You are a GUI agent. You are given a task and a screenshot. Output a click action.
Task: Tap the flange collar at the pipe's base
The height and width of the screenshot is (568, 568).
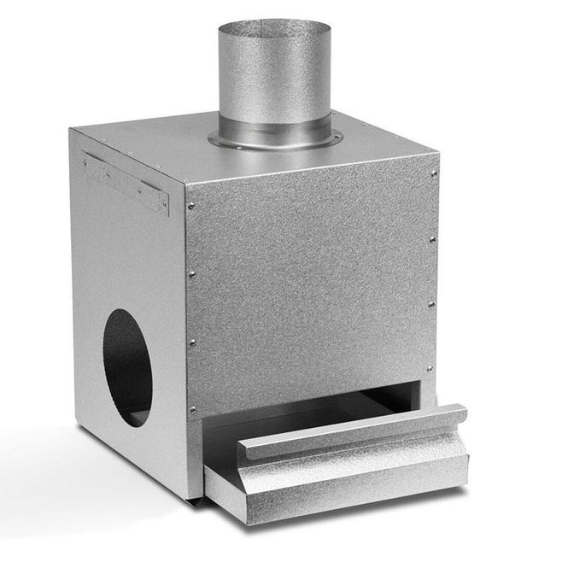point(272,140)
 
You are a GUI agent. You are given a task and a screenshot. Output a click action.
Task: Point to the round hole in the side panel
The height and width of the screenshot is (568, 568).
point(128,367)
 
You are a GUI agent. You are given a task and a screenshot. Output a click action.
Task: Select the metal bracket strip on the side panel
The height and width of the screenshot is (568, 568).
point(126,182)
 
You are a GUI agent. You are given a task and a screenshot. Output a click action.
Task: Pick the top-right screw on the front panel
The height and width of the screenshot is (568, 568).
point(434,174)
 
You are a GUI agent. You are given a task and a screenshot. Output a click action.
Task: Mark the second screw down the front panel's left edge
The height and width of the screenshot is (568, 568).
point(191,273)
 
